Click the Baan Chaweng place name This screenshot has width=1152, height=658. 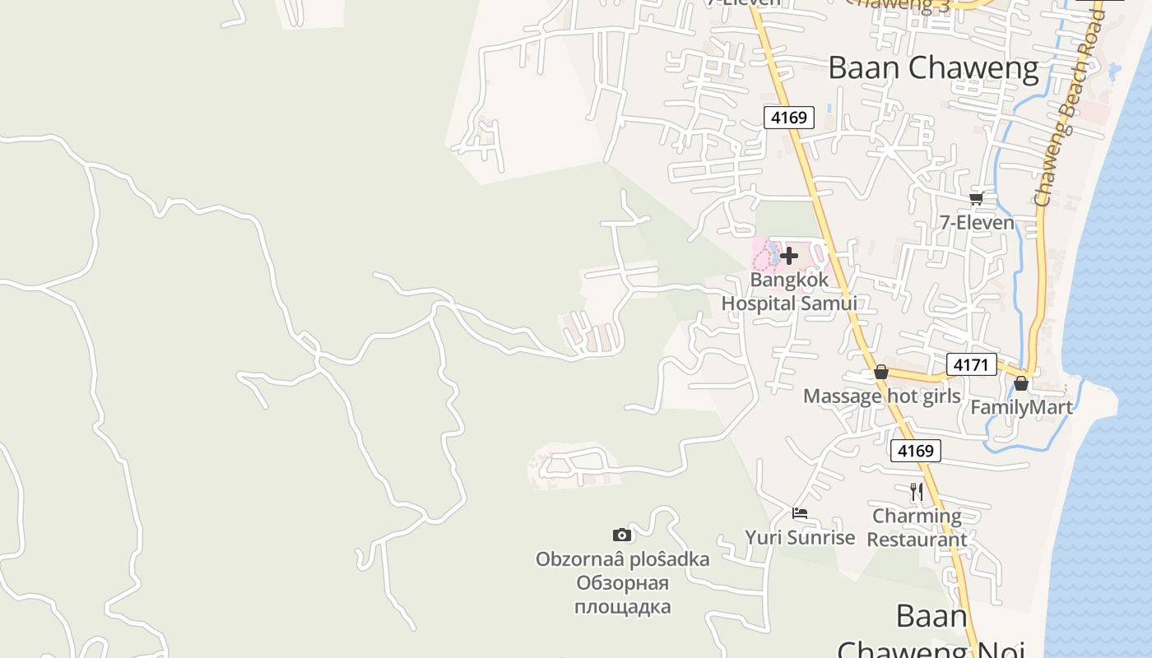click(x=933, y=67)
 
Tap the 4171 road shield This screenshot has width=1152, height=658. click(x=971, y=364)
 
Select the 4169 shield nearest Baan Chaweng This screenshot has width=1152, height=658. click(x=788, y=118)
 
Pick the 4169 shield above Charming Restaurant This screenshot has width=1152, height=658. click(x=915, y=451)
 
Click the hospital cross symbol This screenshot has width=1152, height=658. click(x=788, y=256)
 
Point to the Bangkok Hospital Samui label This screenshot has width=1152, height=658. click(x=789, y=291)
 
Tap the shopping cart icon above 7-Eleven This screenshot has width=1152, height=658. click(x=977, y=198)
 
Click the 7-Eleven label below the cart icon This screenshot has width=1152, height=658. click(x=977, y=222)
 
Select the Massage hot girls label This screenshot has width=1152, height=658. click(x=881, y=396)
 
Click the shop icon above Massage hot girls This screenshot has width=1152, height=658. click(x=881, y=372)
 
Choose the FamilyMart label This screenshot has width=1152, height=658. click(x=1021, y=407)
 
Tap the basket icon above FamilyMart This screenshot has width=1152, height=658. click(x=1021, y=383)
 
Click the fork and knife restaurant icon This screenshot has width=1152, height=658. click(x=917, y=492)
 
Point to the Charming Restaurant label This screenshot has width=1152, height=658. click(x=917, y=528)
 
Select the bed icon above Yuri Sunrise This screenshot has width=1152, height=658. click(x=800, y=513)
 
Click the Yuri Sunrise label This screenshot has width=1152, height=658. click(x=800, y=538)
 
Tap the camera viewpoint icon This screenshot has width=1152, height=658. click(x=622, y=535)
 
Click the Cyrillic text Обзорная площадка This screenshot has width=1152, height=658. click(x=622, y=595)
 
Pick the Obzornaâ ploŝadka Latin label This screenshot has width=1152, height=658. click(x=622, y=559)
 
